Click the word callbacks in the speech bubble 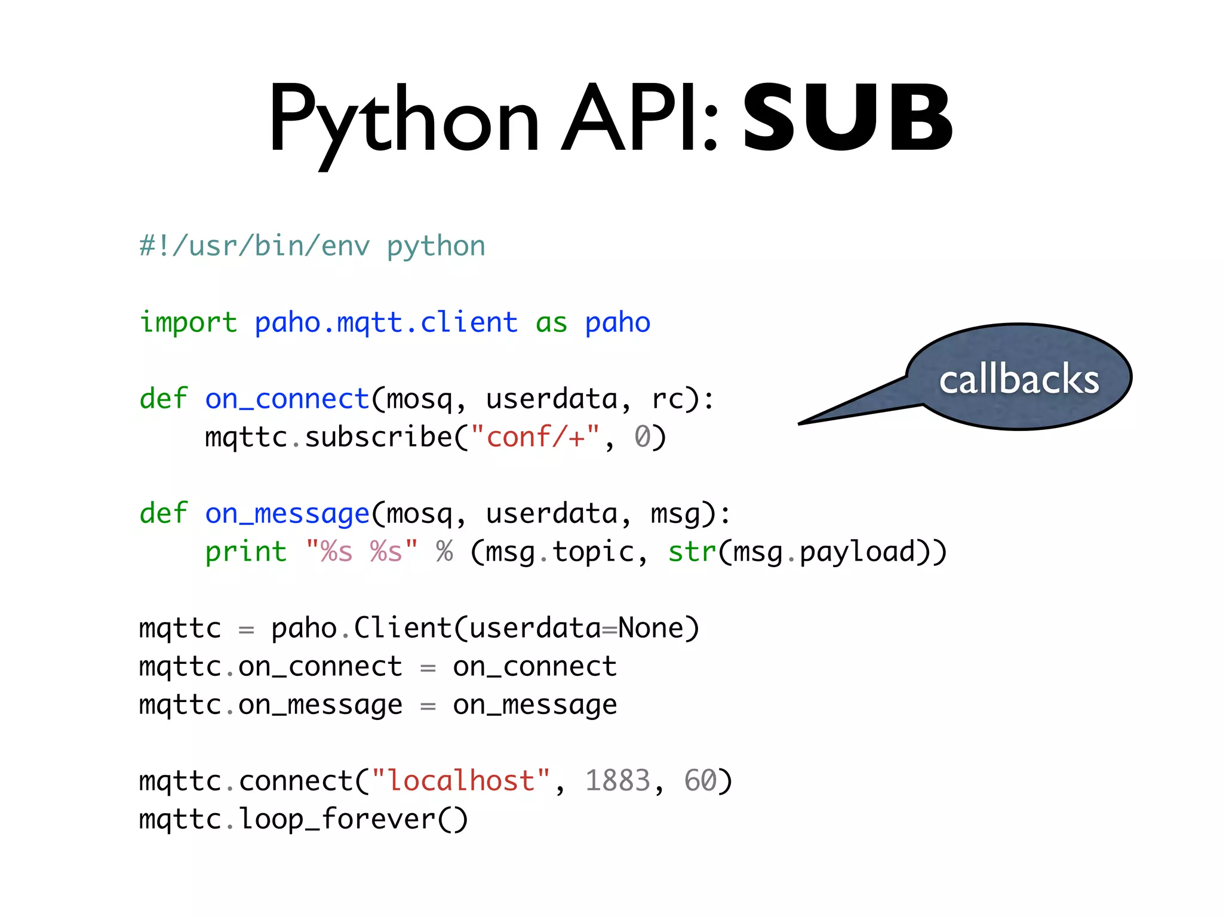click(x=1019, y=379)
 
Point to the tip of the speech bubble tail click(x=800, y=423)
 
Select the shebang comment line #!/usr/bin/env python click(x=312, y=246)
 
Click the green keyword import click(x=188, y=322)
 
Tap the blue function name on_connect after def click(x=287, y=399)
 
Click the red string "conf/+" click(x=535, y=437)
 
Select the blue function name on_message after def click(x=287, y=513)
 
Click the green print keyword click(x=245, y=552)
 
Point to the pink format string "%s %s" click(x=361, y=552)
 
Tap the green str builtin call click(x=692, y=552)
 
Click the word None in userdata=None click(x=650, y=628)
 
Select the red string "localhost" click(x=460, y=781)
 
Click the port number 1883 click(x=617, y=781)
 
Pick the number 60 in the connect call click(x=700, y=781)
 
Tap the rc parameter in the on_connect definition click(x=667, y=399)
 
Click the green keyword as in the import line click(x=551, y=322)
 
